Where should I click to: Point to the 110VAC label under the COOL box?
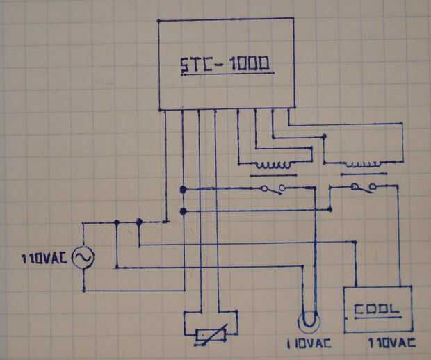(x=393, y=344)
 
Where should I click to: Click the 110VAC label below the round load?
(x=308, y=344)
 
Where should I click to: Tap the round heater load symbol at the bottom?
(x=309, y=322)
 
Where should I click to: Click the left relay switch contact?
(x=270, y=189)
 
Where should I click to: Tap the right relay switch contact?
(x=363, y=187)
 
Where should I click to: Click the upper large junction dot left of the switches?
(x=182, y=189)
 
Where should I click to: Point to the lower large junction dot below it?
(x=182, y=210)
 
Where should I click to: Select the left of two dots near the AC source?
(x=116, y=222)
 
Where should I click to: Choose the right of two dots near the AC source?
(x=139, y=222)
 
